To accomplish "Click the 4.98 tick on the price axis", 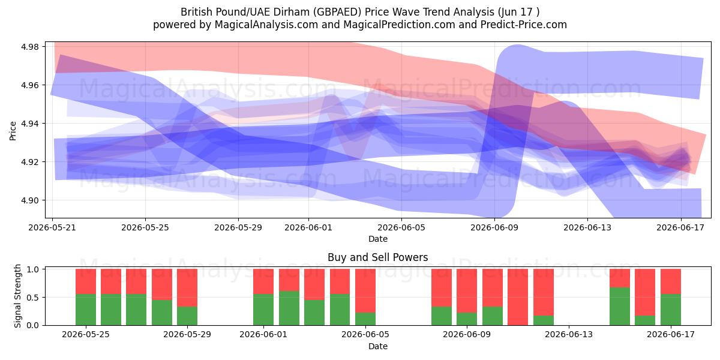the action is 29,47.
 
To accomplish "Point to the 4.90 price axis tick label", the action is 29,200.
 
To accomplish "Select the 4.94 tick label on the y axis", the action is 29,124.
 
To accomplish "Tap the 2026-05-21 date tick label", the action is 52,228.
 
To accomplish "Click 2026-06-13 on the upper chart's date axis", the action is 587,228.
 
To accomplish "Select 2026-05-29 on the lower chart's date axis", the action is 187,335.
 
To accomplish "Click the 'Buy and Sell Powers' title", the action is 377,257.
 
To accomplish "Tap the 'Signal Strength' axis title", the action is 17,296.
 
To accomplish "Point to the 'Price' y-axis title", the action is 13,131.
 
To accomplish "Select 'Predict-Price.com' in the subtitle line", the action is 524,25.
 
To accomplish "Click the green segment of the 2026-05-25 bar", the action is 86,310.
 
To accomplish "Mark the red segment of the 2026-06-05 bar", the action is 365,291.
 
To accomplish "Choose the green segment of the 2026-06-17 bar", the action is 671,310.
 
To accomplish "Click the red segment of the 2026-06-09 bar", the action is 467,291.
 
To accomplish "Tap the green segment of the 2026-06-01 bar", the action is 263,310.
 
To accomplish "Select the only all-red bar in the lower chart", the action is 518,297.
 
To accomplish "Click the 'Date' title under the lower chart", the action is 377,347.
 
